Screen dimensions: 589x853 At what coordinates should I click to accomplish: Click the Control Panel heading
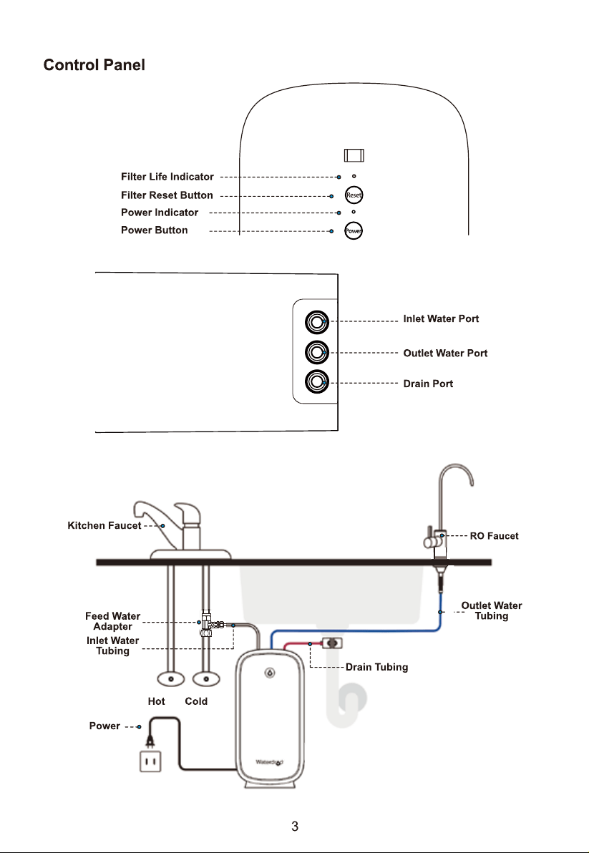[94, 64]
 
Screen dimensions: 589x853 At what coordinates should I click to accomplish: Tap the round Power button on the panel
[354, 230]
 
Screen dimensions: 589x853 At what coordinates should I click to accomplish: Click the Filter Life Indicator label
[167, 177]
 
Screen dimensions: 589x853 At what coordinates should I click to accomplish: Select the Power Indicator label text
[160, 212]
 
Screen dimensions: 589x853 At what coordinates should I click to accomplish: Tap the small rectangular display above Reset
[354, 155]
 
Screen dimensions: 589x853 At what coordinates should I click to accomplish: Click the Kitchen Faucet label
[104, 525]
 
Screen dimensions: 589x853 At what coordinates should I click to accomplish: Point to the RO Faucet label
[494, 536]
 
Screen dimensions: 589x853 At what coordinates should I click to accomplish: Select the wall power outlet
[150, 761]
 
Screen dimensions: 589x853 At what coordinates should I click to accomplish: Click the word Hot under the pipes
[156, 701]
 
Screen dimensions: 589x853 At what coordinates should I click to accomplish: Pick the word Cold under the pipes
[196, 701]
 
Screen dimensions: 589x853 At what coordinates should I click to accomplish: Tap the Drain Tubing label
[376, 667]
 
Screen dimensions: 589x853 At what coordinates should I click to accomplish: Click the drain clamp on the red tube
[332, 643]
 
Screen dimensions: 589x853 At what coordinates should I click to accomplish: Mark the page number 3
[295, 827]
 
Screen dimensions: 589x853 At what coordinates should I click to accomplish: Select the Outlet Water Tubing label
[491, 610]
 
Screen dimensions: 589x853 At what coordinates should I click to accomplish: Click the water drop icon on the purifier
[270, 673]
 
